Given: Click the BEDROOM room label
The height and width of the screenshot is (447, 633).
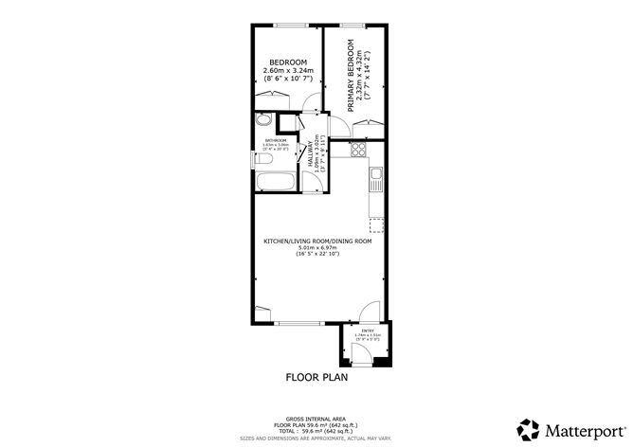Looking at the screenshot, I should (x=287, y=63).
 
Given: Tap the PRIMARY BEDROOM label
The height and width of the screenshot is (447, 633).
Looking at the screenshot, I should (x=351, y=76).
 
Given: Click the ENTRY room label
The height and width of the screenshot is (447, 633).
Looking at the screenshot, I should (x=368, y=331).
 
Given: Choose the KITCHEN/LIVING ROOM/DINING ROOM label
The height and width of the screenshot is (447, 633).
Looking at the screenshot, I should (x=317, y=241).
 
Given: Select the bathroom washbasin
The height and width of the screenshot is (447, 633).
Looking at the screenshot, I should (x=263, y=121).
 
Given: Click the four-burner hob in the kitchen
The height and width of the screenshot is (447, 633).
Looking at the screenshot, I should (x=359, y=149).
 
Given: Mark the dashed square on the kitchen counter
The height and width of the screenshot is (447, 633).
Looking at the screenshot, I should (x=376, y=225).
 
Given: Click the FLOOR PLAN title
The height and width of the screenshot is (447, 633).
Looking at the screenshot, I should (x=317, y=377).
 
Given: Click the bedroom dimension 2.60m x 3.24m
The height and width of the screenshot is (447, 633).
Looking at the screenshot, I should (x=287, y=71).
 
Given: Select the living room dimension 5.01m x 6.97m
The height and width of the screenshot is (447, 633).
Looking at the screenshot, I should (x=317, y=248).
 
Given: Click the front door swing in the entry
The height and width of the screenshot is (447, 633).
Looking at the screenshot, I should (x=360, y=353).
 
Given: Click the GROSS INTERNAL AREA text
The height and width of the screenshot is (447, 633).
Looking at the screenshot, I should (x=317, y=417).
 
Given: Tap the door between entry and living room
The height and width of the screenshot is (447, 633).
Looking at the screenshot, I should (x=368, y=312).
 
